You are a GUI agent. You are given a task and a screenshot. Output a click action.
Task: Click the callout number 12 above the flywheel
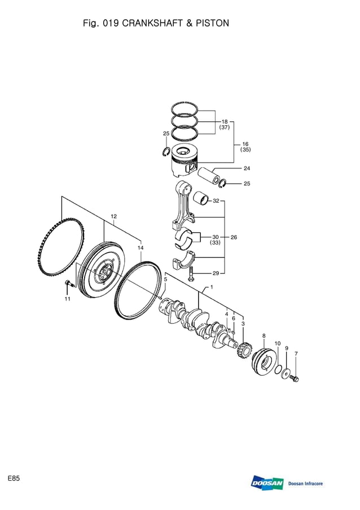[113, 216]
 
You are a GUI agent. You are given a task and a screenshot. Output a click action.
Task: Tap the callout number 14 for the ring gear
[141, 247]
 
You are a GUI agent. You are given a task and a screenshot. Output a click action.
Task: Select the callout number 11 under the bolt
[67, 299]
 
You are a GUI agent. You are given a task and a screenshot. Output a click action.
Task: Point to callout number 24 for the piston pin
[247, 168]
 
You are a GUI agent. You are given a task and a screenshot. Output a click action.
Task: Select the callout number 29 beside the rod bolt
[216, 273]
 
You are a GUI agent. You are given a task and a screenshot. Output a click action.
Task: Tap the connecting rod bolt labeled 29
[191, 275]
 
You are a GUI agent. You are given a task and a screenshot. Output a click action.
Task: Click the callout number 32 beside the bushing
[216, 200]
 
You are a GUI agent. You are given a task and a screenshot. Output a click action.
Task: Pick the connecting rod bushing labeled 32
[201, 199]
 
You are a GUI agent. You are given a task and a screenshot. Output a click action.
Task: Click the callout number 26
[234, 237]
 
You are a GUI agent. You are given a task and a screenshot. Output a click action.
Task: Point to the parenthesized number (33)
[215, 243]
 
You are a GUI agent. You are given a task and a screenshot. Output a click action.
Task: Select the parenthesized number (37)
[225, 128]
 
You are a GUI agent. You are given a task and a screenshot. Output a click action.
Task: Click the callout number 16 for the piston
[245, 144]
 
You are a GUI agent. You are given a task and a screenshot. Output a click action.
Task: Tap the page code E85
[14, 478]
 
